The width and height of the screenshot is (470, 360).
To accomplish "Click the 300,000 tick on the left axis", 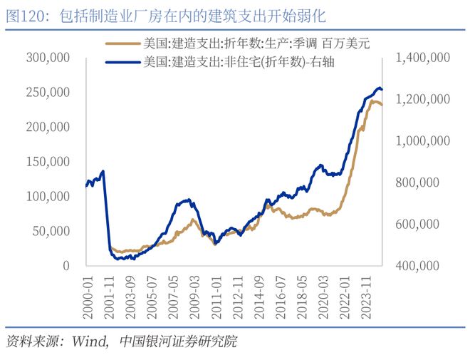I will pyautogui.click(x=49, y=58).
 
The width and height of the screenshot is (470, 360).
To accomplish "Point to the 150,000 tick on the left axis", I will pyautogui.click(x=49, y=162).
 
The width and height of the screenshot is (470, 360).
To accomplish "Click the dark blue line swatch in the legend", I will pyautogui.click(x=123, y=62).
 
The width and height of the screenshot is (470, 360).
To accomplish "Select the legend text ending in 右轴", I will pyautogui.click(x=239, y=62).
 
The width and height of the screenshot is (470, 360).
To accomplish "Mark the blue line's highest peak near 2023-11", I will pyautogui.click(x=379, y=88).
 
